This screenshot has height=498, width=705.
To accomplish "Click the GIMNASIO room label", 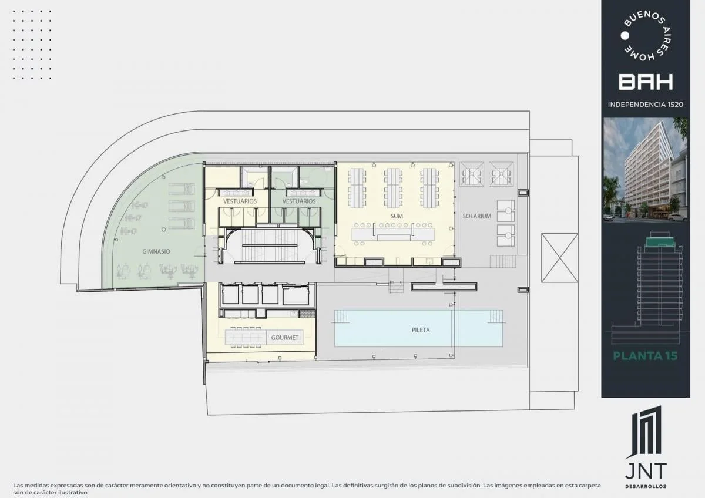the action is (x=156, y=251).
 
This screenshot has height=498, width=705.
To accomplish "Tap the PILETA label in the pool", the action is (x=421, y=330).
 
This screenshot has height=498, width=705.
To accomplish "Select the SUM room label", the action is (x=397, y=216).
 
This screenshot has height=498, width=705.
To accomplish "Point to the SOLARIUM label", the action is (x=477, y=216).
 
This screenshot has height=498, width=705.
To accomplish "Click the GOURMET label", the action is (x=284, y=338).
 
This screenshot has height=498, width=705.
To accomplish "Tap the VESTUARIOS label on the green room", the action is (x=298, y=201).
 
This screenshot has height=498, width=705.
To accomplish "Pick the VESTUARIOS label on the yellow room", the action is (x=240, y=201).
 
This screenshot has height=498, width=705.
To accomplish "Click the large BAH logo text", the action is (x=646, y=82).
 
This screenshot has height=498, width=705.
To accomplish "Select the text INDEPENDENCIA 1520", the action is (x=646, y=105).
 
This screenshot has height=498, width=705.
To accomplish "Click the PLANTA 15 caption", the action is (x=645, y=356).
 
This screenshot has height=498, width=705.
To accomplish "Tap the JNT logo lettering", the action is (x=646, y=471).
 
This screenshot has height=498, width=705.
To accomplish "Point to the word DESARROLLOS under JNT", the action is (x=646, y=486).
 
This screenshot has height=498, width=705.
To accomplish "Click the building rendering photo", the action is (x=646, y=170).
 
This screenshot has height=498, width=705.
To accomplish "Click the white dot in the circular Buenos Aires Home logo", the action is (x=625, y=36).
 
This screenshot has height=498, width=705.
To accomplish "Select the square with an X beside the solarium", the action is (x=559, y=258).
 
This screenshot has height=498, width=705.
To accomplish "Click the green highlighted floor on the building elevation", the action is (x=660, y=241).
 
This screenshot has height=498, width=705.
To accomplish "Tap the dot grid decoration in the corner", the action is (x=32, y=45).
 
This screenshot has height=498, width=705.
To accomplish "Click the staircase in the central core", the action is (x=270, y=245).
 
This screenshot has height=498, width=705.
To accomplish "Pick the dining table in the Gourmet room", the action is (x=246, y=337).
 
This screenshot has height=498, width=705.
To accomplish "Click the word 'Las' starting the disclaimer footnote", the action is (x=18, y=486).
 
